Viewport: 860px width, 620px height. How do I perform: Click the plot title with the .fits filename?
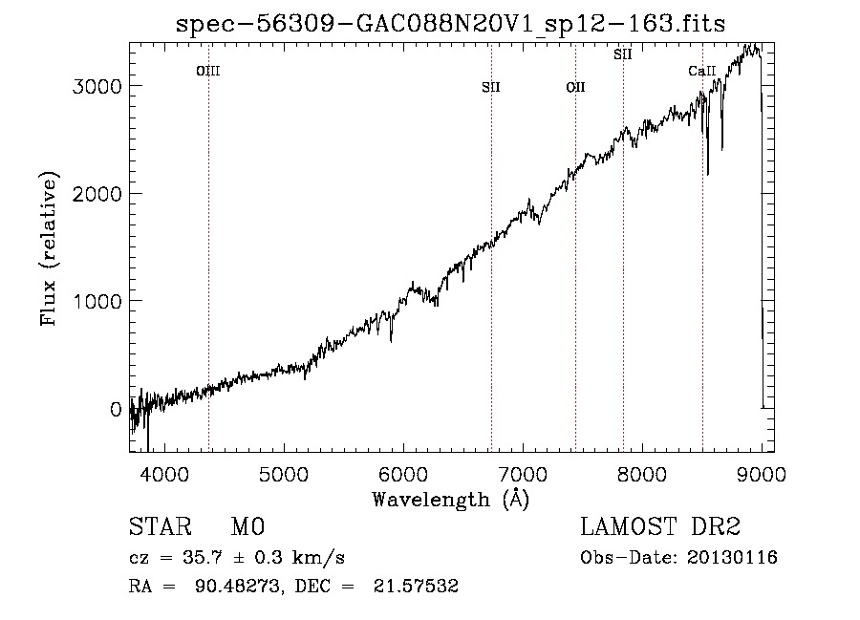tap(451, 24)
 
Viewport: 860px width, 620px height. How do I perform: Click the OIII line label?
tap(208, 71)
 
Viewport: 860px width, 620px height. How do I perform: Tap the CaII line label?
tap(702, 71)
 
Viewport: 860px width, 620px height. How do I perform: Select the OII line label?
tap(575, 87)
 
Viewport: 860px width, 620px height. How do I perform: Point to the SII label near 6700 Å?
tap(491, 87)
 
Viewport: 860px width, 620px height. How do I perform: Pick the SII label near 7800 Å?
tap(623, 54)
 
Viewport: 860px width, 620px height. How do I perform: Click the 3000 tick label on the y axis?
tap(97, 86)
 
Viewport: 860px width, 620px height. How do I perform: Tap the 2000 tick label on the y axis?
tap(97, 194)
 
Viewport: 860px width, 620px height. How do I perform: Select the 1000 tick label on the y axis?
tap(97, 301)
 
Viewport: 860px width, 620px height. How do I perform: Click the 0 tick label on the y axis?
tap(116, 409)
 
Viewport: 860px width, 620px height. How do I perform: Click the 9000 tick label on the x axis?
tap(761, 473)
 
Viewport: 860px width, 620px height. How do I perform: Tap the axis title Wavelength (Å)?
tap(450, 499)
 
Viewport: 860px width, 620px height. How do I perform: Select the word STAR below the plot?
tap(156, 527)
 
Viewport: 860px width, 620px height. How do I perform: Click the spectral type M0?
tap(247, 527)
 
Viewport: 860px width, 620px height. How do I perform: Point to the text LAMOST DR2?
tap(660, 527)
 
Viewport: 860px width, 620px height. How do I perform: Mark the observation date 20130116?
tap(737, 558)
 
